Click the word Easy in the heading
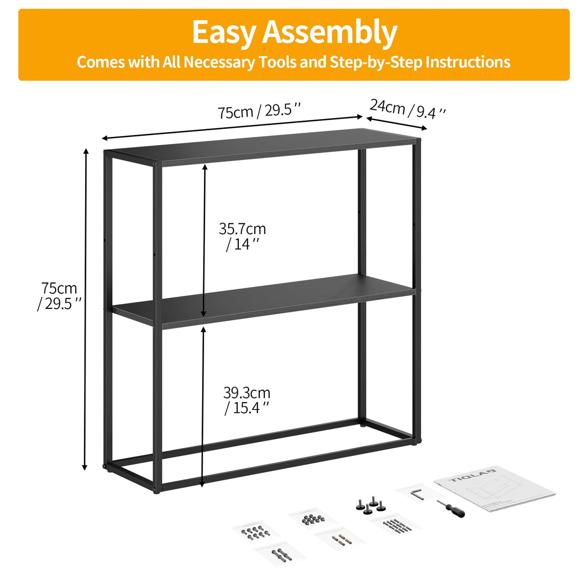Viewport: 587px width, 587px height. click(x=224, y=33)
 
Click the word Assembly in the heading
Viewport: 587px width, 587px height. click(x=330, y=33)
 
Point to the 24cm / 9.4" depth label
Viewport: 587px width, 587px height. click(x=407, y=109)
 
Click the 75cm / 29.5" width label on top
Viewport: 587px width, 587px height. click(x=259, y=111)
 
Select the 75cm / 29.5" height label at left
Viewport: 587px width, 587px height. click(x=59, y=296)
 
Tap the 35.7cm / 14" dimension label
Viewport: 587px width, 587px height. click(x=242, y=236)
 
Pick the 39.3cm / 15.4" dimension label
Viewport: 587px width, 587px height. click(x=247, y=400)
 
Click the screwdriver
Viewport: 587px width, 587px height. click(x=451, y=508)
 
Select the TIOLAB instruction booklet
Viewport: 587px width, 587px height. click(x=494, y=488)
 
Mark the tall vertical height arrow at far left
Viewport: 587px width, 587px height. click(x=86, y=309)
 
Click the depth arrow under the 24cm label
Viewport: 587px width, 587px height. click(x=397, y=123)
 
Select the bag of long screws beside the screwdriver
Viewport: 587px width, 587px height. click(x=396, y=524)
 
